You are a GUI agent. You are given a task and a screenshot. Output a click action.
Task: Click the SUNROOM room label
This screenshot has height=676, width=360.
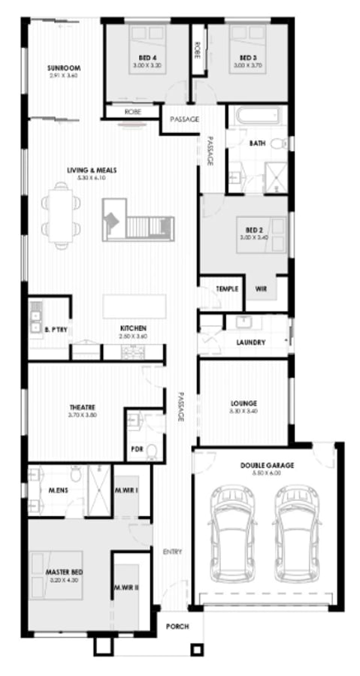[63, 68]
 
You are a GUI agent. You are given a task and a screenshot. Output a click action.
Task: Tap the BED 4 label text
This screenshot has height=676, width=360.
[147, 58]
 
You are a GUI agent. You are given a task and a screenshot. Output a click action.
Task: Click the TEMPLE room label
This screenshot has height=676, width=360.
[227, 288]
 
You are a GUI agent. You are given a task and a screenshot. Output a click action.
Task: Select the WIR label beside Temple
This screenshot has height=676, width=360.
[262, 288]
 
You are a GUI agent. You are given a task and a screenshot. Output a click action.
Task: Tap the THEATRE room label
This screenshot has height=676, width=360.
[83, 409]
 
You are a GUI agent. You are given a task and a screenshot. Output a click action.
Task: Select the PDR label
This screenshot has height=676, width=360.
[137, 448]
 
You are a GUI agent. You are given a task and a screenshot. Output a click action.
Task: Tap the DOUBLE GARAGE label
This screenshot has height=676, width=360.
[267, 466]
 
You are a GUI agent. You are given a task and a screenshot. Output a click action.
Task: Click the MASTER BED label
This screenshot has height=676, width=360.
[64, 572]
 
